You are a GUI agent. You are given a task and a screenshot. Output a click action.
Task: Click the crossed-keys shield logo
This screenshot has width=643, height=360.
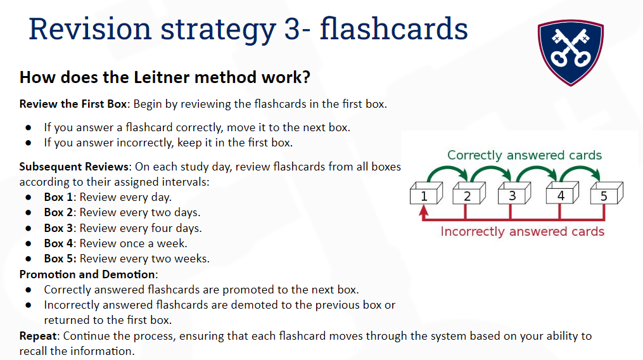point(570,53)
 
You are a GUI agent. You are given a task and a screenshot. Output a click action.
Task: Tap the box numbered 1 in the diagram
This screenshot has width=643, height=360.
point(426,193)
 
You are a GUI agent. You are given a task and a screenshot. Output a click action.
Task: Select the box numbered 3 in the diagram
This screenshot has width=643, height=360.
point(514,193)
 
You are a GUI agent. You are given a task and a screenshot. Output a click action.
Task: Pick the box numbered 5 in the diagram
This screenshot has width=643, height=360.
point(606,193)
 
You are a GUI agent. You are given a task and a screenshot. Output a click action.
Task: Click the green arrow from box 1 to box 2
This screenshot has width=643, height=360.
point(448,168)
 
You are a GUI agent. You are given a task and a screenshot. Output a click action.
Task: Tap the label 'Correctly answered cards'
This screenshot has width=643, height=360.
point(525,155)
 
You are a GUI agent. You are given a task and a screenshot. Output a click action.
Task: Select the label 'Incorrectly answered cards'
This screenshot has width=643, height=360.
point(523,231)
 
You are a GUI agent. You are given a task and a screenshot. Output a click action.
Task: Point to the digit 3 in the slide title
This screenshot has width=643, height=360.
point(292,30)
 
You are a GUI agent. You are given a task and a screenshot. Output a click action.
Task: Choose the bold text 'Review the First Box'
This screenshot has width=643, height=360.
point(73,104)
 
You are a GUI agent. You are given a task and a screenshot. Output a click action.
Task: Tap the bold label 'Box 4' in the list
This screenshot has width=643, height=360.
point(58,243)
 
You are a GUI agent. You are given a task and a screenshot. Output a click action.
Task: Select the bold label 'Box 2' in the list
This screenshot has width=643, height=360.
point(58,212)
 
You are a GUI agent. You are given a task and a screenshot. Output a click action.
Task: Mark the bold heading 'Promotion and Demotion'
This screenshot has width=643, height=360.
point(87,274)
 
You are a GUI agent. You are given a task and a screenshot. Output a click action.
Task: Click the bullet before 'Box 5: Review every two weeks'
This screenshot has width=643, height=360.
point(29,259)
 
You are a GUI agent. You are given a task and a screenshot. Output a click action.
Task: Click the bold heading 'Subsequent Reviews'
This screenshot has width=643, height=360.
point(74,167)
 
